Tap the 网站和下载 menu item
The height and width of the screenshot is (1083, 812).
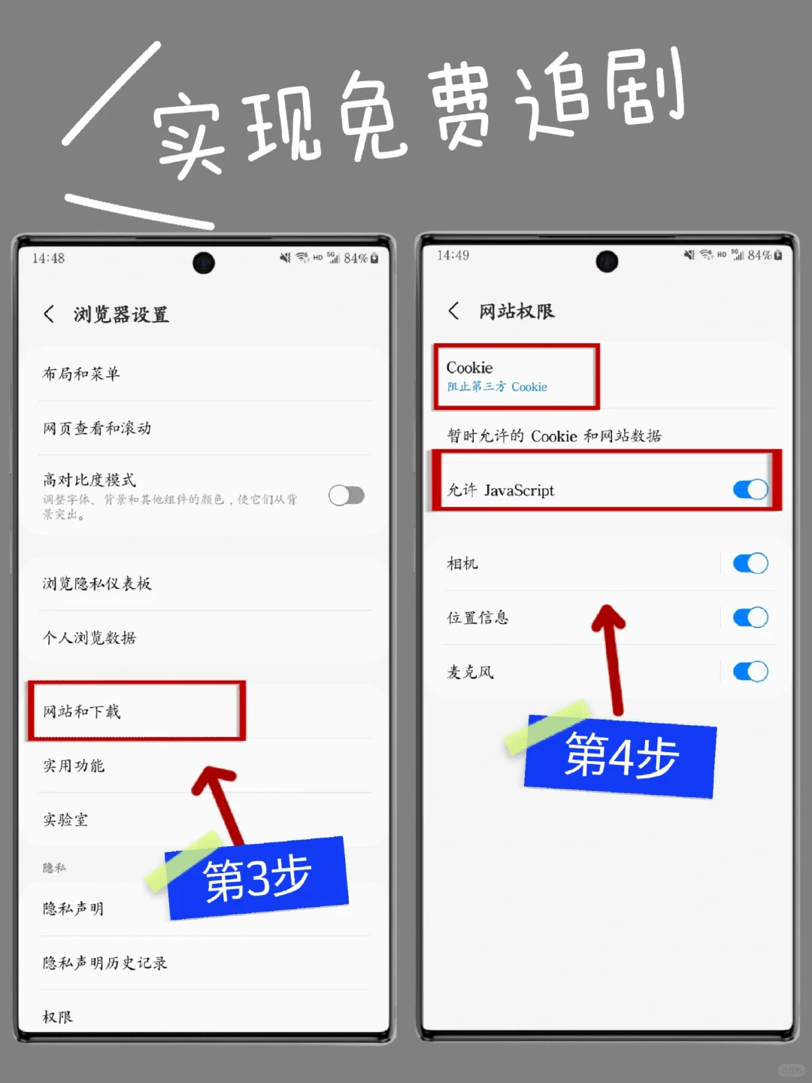(x=82, y=711)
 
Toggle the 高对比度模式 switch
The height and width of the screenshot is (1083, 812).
(x=347, y=496)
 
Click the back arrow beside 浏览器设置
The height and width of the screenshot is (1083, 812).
(x=49, y=314)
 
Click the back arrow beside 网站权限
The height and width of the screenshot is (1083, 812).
(x=453, y=311)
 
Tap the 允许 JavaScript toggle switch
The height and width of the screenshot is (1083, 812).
(x=750, y=490)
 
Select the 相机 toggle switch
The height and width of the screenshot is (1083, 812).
(x=750, y=563)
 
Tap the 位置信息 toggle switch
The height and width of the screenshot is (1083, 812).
(x=750, y=617)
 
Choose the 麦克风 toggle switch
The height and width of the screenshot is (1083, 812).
(x=750, y=672)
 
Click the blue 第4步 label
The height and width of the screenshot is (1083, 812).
(x=621, y=757)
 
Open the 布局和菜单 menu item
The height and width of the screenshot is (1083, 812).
(x=81, y=374)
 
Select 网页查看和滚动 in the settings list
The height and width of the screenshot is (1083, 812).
(x=97, y=428)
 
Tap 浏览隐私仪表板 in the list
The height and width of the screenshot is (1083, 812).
(x=97, y=584)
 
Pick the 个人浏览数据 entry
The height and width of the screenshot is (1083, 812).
(x=89, y=638)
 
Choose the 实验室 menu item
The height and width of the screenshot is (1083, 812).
(x=65, y=820)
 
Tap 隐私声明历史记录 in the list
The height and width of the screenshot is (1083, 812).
(x=105, y=963)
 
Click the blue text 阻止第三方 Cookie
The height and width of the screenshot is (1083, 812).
(x=497, y=387)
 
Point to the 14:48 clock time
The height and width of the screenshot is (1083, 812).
(x=48, y=259)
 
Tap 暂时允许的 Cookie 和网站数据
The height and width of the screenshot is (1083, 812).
(x=554, y=436)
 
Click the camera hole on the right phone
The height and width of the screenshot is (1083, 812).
(x=607, y=262)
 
